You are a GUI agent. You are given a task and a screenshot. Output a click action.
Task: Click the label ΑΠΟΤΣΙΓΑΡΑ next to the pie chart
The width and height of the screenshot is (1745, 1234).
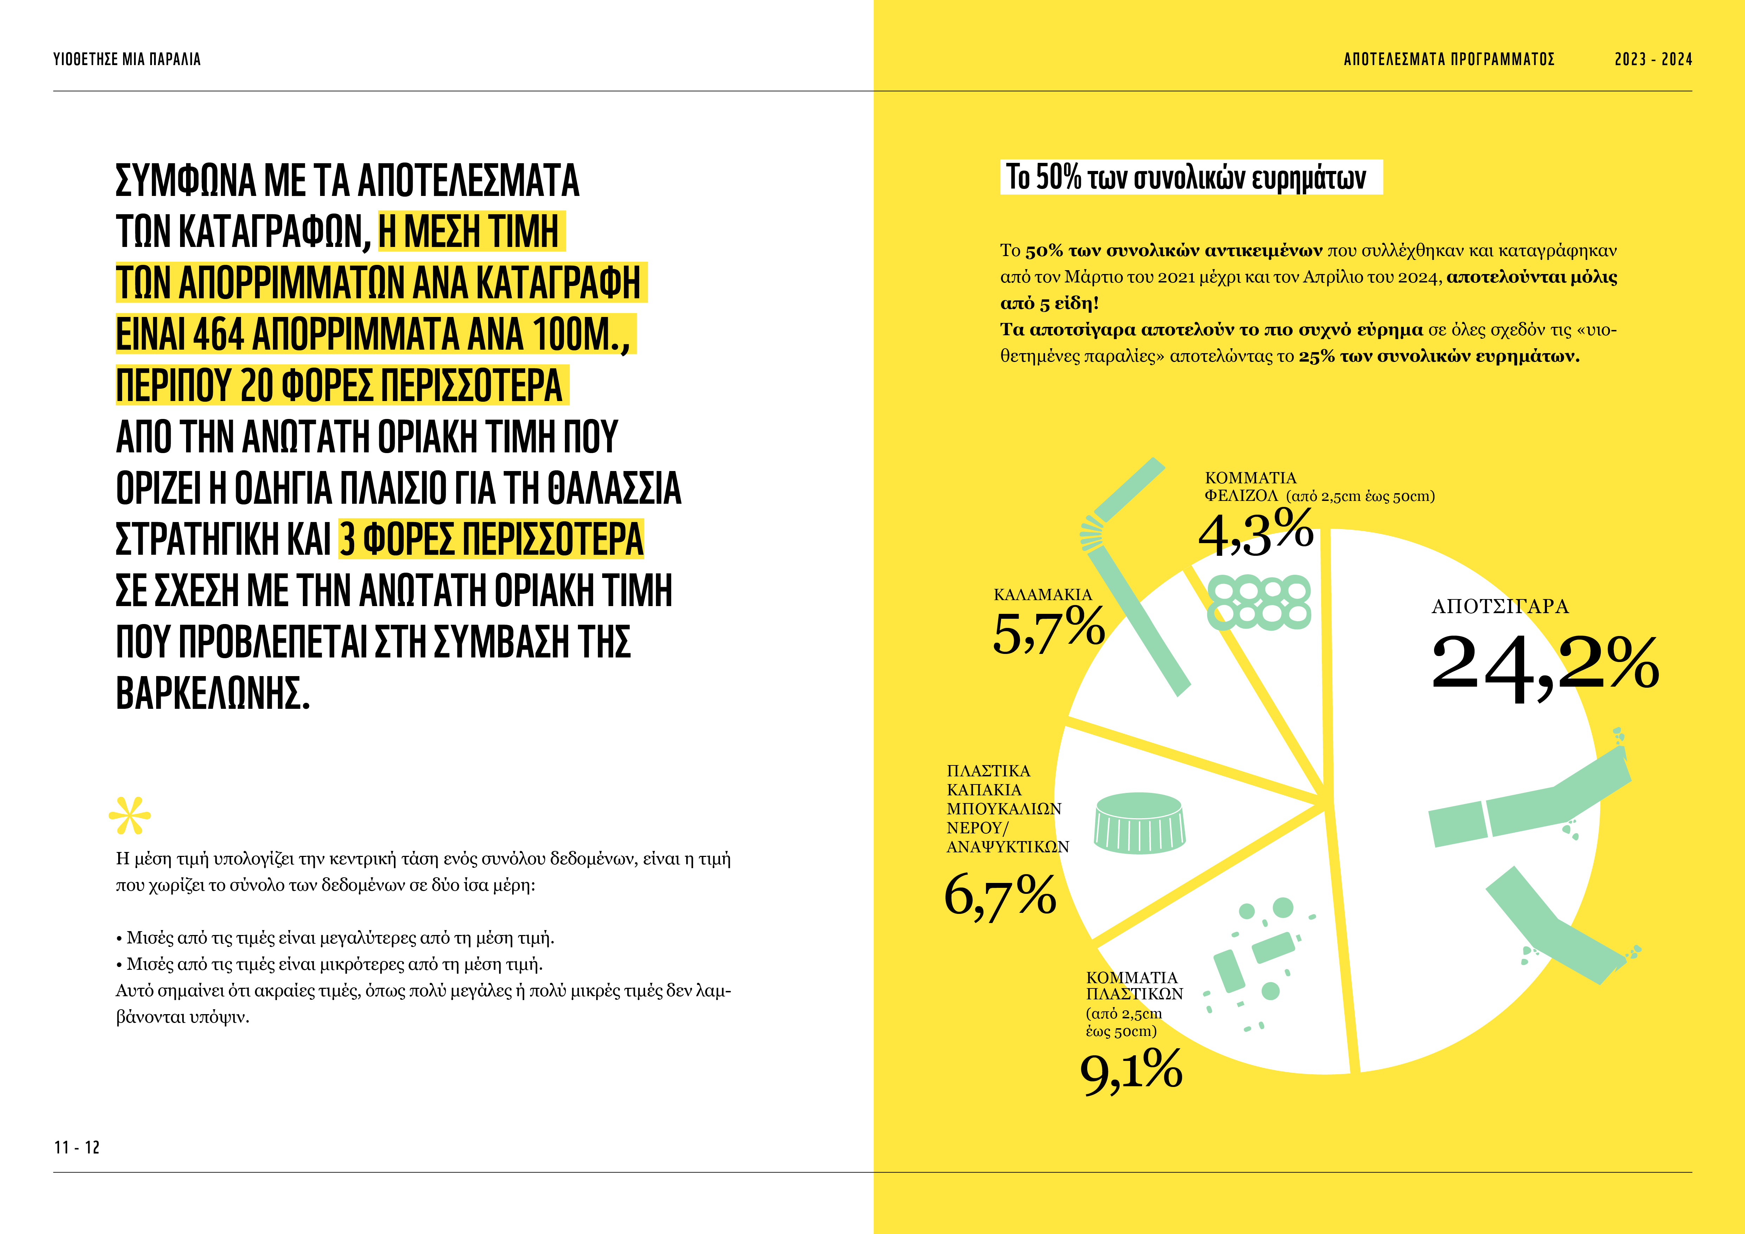coord(1499,606)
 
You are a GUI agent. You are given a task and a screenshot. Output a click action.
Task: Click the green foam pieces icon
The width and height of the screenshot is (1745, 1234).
coord(1259,602)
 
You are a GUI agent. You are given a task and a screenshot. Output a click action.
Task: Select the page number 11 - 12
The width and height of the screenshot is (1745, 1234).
coord(77,1147)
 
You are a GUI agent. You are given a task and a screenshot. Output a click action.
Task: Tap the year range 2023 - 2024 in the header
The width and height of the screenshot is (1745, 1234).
coord(1653,59)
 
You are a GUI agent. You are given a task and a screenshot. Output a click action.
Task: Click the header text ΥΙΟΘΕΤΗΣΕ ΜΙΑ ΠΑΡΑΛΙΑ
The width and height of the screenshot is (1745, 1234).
coord(127,59)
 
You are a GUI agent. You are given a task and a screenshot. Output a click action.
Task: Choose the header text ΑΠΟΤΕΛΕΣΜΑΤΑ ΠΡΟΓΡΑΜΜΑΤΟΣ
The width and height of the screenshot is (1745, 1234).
coord(1448,59)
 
